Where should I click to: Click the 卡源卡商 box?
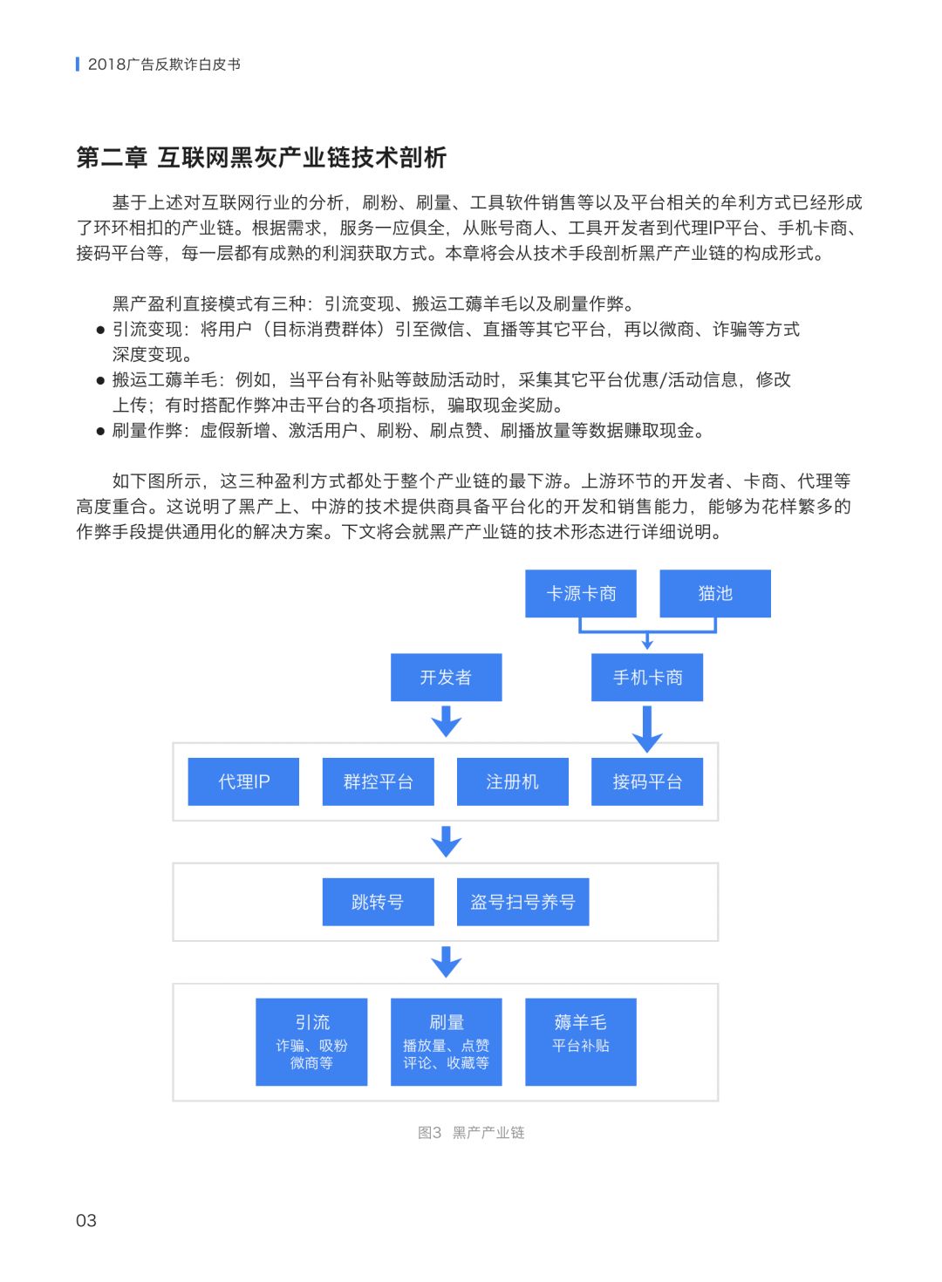[581, 594]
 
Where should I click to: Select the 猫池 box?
[715, 594]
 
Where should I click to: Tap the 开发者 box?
[446, 678]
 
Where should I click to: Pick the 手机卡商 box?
[647, 678]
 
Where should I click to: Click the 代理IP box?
[243, 781]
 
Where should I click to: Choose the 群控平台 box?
[378, 781]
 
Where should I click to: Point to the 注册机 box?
[512, 781]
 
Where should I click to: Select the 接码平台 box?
[647, 781]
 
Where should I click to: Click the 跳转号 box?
[378, 902]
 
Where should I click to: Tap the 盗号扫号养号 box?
[522, 902]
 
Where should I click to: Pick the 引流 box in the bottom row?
[311, 1041]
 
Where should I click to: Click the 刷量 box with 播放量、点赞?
[446, 1041]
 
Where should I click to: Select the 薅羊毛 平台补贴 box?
[581, 1041]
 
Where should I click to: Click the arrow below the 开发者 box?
[446, 721]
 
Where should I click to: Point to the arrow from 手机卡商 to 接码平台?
[647, 728]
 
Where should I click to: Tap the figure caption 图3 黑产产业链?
[471, 1133]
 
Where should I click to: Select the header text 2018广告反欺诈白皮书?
[164, 65]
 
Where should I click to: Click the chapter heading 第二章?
[112, 158]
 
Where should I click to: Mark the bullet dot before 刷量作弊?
[100, 431]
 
